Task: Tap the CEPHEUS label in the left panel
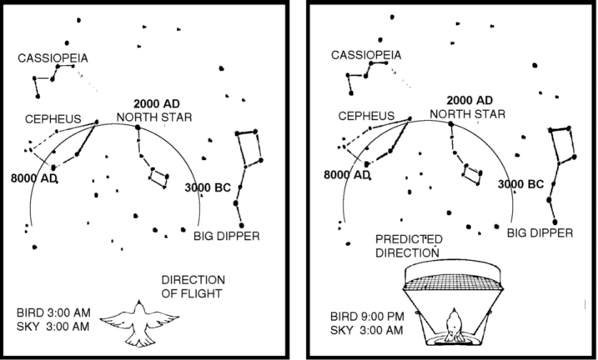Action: (52, 119)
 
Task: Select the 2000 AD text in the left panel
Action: (153, 103)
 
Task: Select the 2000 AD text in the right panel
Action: (468, 100)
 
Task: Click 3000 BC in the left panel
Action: (207, 187)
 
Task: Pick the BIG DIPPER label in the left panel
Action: (226, 236)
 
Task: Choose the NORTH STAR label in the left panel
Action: (154, 117)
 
